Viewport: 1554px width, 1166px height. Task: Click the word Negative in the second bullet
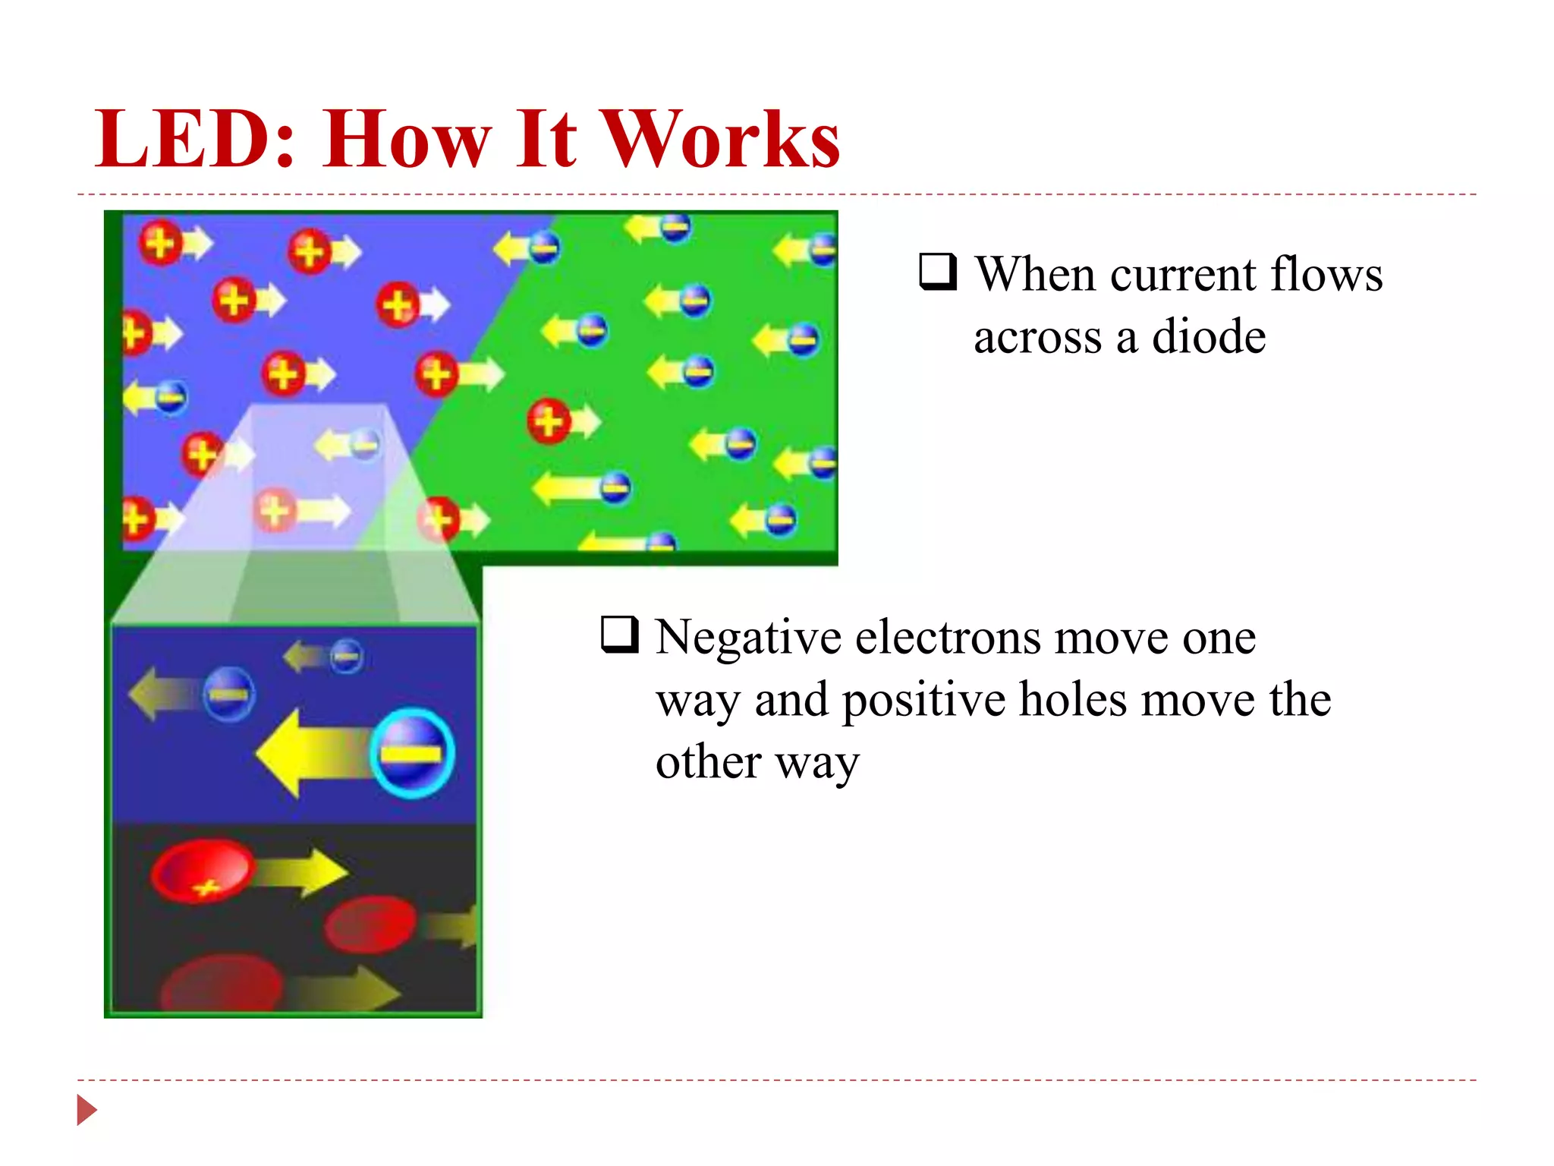(748, 637)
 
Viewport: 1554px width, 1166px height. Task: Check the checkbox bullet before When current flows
(938, 272)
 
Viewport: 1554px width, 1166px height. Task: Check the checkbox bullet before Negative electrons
(619, 635)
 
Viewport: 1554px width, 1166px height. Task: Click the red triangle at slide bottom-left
(87, 1110)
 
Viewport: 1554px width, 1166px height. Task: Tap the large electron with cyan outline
(412, 752)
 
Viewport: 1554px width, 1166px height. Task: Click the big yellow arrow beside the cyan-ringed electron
(311, 754)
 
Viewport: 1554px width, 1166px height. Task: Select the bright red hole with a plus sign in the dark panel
(202, 871)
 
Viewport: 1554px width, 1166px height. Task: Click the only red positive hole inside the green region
(549, 421)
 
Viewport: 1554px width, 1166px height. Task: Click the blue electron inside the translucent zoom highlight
(365, 443)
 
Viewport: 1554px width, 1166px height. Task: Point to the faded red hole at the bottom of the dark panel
(221, 985)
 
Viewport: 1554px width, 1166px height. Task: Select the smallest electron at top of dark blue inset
(347, 656)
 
